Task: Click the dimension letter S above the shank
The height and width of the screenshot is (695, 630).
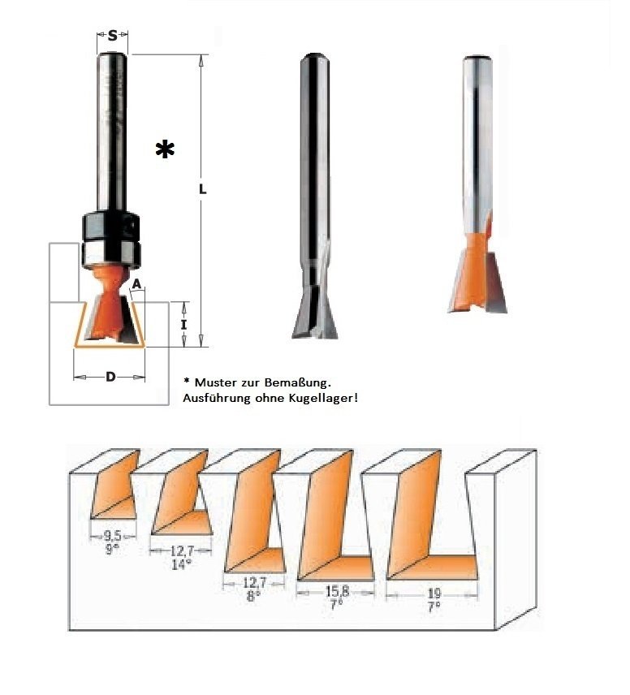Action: coord(113,36)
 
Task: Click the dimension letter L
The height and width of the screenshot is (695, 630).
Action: coord(202,189)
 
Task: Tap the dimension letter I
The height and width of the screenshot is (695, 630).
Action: coord(183,325)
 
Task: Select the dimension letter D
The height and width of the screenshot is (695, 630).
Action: coord(110,378)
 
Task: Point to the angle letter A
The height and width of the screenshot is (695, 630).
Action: coord(137,284)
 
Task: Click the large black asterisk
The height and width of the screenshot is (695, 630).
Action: coord(165,149)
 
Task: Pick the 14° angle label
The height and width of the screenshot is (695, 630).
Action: coord(181,564)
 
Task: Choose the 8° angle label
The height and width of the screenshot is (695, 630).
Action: coord(251,597)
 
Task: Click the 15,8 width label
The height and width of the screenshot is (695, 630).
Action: coord(338,591)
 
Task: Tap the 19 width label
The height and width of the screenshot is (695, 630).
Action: coord(434,594)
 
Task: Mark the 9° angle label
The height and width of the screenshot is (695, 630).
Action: coord(112,549)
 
